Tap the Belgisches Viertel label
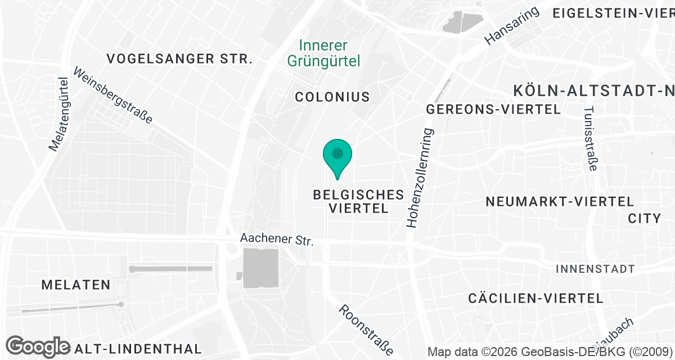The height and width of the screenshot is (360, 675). click(x=358, y=201)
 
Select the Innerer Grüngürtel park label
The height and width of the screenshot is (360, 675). click(x=323, y=53)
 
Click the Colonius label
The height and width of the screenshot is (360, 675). click(x=332, y=97)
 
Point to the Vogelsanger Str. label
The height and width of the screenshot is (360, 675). click(x=179, y=58)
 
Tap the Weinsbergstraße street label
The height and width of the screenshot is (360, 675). click(x=112, y=96)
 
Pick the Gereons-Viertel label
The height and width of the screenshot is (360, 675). click(x=493, y=109)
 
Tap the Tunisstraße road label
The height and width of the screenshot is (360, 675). click(x=590, y=139)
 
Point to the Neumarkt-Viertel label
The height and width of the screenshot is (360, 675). click(x=560, y=201)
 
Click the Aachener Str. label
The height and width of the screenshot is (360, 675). click(x=276, y=239)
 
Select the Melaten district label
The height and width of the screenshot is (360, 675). click(x=76, y=285)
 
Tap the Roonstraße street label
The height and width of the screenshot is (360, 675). click(x=366, y=330)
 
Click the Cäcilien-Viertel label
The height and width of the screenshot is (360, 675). click(x=535, y=298)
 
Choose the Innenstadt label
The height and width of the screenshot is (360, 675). click(x=595, y=269)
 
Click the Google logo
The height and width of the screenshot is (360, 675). click(x=38, y=346)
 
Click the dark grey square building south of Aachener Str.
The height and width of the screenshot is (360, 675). click(x=261, y=268)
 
